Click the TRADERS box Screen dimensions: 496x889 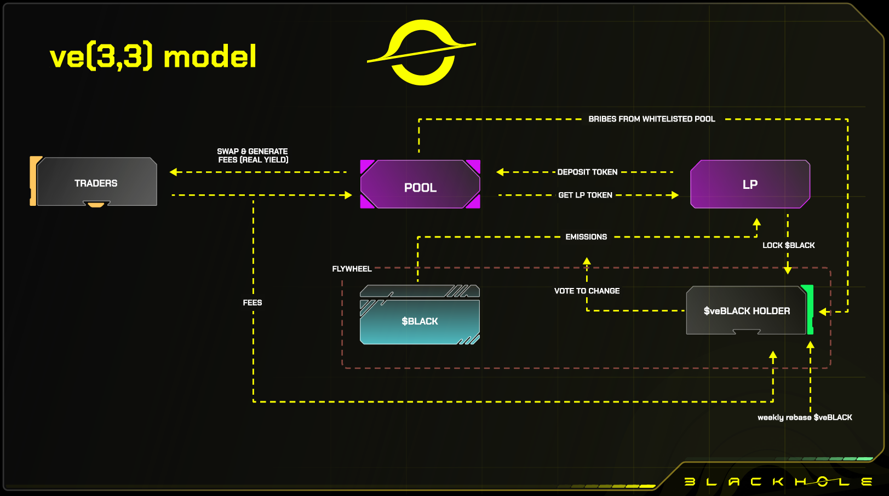point(96,182)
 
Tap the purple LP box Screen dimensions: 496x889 point(750,184)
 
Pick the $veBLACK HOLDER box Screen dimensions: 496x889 point(746,310)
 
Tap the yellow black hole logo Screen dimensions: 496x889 point(421,52)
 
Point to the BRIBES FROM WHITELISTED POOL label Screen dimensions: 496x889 point(651,119)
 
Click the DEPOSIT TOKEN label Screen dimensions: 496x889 point(587,172)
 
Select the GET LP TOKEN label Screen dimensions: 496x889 point(585,195)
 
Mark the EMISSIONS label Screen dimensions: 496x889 point(586,237)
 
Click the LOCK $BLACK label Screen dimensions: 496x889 point(788,245)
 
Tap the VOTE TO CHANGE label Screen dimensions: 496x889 point(587,291)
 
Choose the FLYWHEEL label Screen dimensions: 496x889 point(352,269)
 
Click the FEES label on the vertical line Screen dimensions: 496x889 point(253,303)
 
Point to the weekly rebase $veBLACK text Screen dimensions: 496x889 point(805,417)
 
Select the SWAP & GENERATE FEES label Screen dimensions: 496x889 point(253,155)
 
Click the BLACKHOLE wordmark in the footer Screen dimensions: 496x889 point(778,482)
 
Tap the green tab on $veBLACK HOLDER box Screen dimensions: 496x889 point(808,309)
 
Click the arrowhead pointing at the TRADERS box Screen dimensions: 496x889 point(174,172)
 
